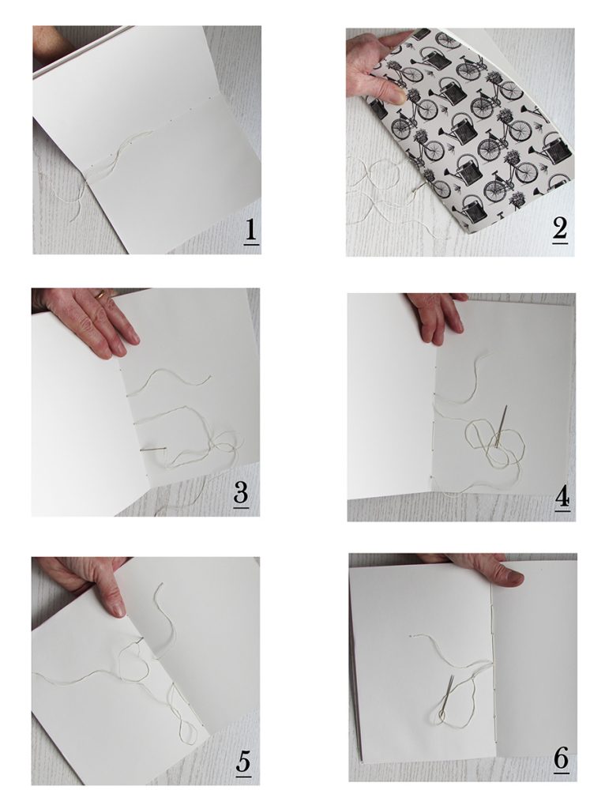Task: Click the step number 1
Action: click(250, 231)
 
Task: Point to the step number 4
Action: click(562, 498)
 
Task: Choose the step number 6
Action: click(561, 759)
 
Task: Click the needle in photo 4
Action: click(501, 426)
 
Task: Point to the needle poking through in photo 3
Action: click(153, 450)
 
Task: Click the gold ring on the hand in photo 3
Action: click(102, 295)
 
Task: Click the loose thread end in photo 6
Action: click(410, 636)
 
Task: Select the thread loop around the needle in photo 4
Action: click(495, 441)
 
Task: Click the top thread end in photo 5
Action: click(162, 585)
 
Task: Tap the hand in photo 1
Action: click(49, 47)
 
